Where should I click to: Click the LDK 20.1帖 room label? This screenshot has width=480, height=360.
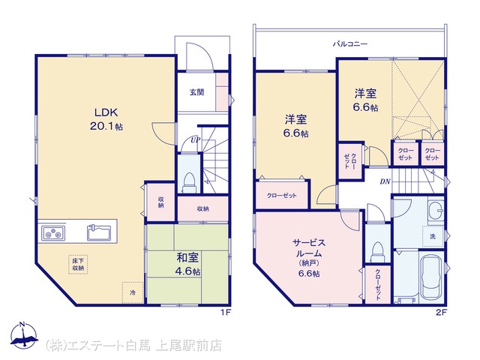point(106,119)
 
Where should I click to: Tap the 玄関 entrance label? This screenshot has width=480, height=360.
point(196,91)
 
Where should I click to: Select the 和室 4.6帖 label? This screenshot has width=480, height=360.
point(188,264)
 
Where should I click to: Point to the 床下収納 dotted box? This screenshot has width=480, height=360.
point(78,264)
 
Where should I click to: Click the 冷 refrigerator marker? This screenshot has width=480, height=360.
point(133,292)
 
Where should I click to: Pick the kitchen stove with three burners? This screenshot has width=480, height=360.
point(53,233)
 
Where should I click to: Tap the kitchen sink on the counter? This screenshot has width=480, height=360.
point(99,232)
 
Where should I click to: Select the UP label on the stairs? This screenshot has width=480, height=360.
point(195,140)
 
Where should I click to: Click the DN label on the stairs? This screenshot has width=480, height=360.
point(385,181)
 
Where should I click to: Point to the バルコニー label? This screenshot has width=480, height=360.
point(350,44)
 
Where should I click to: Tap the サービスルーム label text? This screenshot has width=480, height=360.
point(309,248)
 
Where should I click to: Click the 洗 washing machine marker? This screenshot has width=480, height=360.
point(433,236)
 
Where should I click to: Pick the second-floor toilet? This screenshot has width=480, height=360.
point(377,252)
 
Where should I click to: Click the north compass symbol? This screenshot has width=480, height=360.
point(24,335)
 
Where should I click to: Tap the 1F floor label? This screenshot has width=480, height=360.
point(226,313)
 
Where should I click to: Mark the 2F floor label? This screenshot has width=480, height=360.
point(442,313)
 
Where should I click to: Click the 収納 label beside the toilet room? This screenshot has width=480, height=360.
point(203,208)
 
